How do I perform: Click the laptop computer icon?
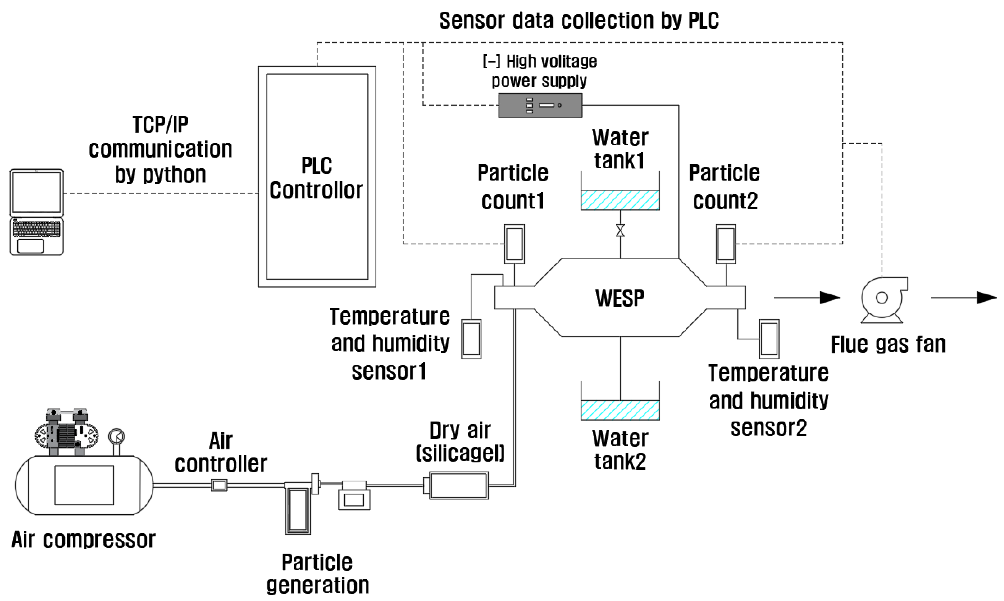[36, 212]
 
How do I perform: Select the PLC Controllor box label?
[316, 178]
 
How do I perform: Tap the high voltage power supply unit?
[540, 105]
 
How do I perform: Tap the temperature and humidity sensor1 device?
[471, 339]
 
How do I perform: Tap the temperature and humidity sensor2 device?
[769, 339]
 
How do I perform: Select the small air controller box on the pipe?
[219, 485]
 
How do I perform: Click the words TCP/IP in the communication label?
[160, 125]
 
